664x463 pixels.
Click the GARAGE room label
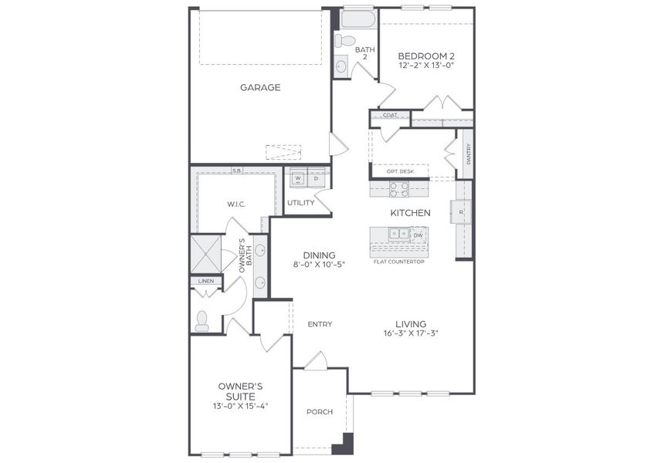coord(259,87)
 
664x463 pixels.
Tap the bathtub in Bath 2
coord(357,19)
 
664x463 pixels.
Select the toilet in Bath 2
coord(347,40)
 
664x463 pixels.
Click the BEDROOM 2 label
coord(425,56)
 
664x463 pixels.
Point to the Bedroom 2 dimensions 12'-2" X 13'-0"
coord(425,66)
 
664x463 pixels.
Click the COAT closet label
coord(390,116)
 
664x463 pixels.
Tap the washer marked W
coord(297,178)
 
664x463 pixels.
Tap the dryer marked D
coord(316,178)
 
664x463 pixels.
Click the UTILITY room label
coord(300,203)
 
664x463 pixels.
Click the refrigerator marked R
coord(461,211)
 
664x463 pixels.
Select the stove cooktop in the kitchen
coord(399,189)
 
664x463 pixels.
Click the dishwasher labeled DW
coord(417,235)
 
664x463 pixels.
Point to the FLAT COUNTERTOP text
coord(398,262)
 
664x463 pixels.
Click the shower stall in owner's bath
coord(205,252)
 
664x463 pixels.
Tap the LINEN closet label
coord(205,281)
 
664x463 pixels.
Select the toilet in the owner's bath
coord(202,321)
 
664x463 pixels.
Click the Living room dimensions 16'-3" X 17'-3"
coord(411,334)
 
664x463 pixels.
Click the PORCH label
coord(319,412)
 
